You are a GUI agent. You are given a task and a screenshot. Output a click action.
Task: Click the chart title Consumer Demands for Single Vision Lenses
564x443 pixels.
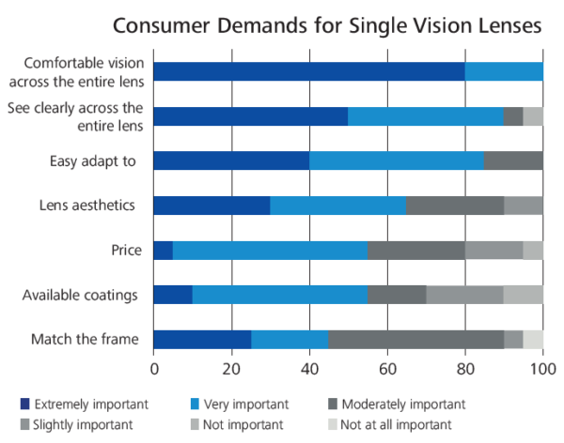point(327,24)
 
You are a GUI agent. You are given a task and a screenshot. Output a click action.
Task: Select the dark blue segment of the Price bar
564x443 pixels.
point(163,250)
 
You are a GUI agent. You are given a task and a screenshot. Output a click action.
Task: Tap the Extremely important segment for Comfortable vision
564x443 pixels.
point(308,71)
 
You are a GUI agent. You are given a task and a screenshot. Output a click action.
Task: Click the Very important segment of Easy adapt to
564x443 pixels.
point(396,160)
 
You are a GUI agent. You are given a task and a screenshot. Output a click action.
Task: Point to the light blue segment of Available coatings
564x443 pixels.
point(279,295)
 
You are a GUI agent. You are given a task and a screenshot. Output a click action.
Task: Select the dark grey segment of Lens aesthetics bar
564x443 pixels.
point(454,206)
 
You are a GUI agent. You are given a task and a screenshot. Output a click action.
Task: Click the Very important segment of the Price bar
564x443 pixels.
point(270,250)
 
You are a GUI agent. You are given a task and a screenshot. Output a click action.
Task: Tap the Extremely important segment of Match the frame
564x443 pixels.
point(201,339)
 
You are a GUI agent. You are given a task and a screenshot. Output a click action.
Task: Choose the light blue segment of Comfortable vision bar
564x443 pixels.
point(504,71)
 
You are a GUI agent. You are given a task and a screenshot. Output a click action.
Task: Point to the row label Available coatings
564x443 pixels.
point(81,296)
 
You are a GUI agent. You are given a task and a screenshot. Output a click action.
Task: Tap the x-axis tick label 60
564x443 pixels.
point(386,369)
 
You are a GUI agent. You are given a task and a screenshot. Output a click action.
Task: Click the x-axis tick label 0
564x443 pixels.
point(153,369)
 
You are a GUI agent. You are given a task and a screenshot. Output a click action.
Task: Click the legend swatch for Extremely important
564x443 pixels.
point(25,405)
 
